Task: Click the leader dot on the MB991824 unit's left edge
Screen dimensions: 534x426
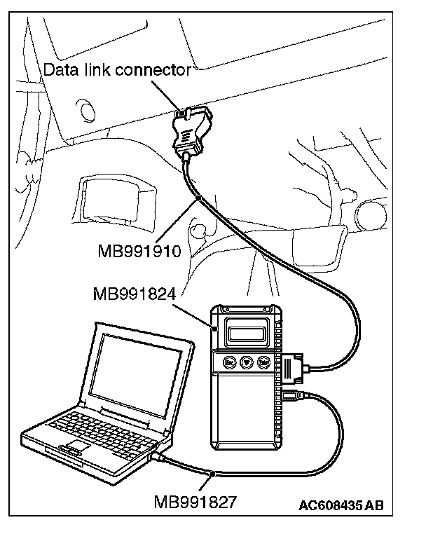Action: [214, 324]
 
